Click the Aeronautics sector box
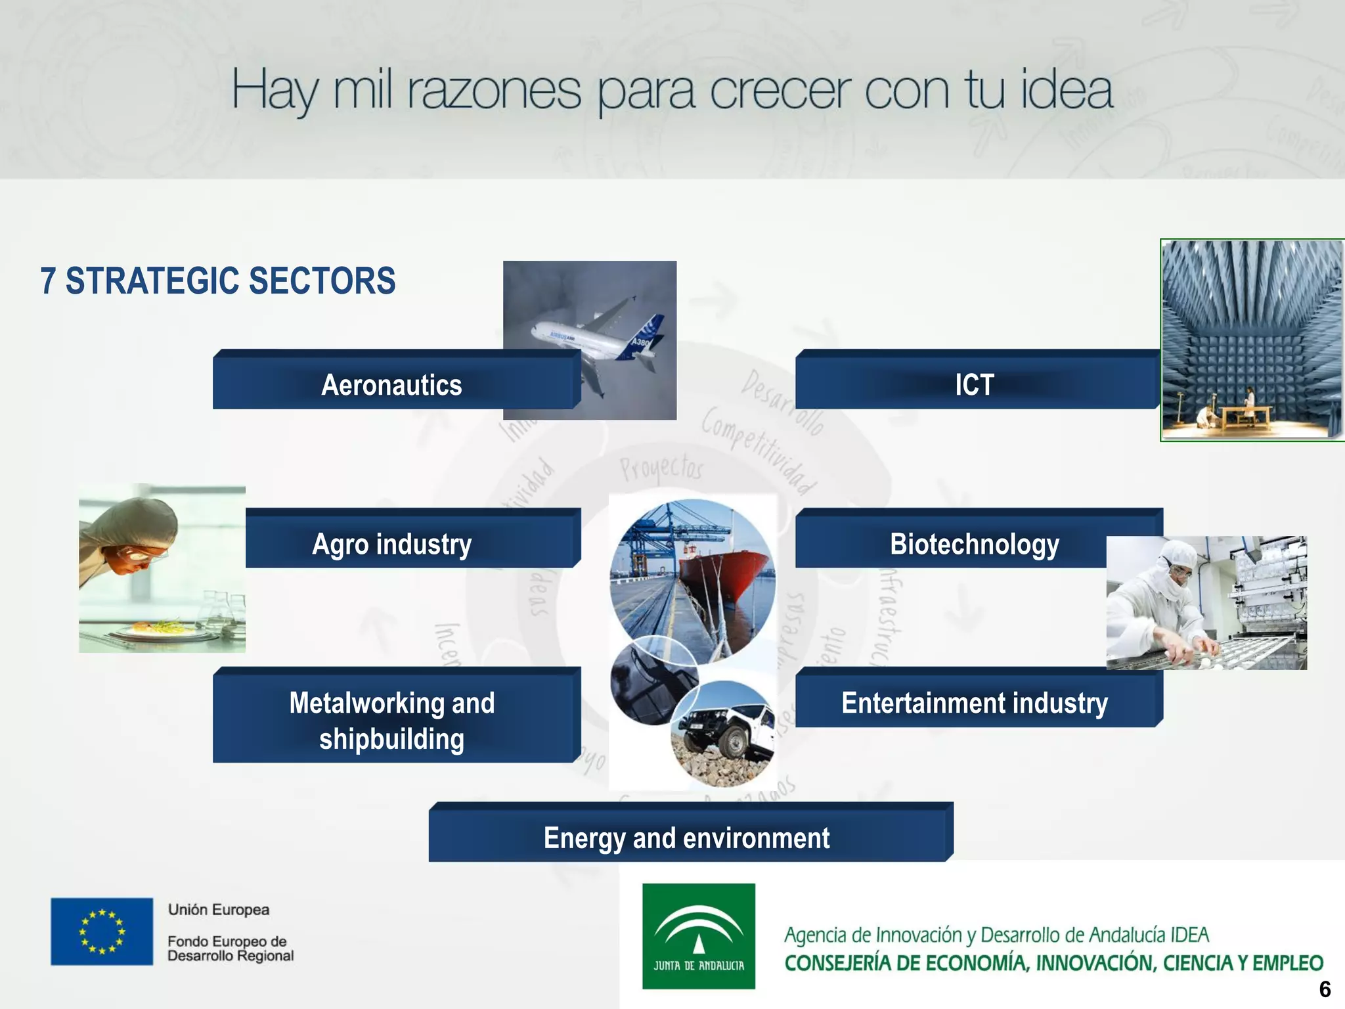click(x=392, y=384)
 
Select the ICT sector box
click(x=975, y=384)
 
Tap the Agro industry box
click(x=392, y=543)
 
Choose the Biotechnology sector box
click(x=952, y=543)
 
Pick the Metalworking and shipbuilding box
click(x=392, y=720)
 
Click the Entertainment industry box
click(x=975, y=703)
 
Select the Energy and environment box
click(x=686, y=838)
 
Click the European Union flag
click(x=102, y=931)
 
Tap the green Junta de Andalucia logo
click(x=698, y=935)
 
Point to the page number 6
click(x=1325, y=989)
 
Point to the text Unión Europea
click(x=219, y=909)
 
